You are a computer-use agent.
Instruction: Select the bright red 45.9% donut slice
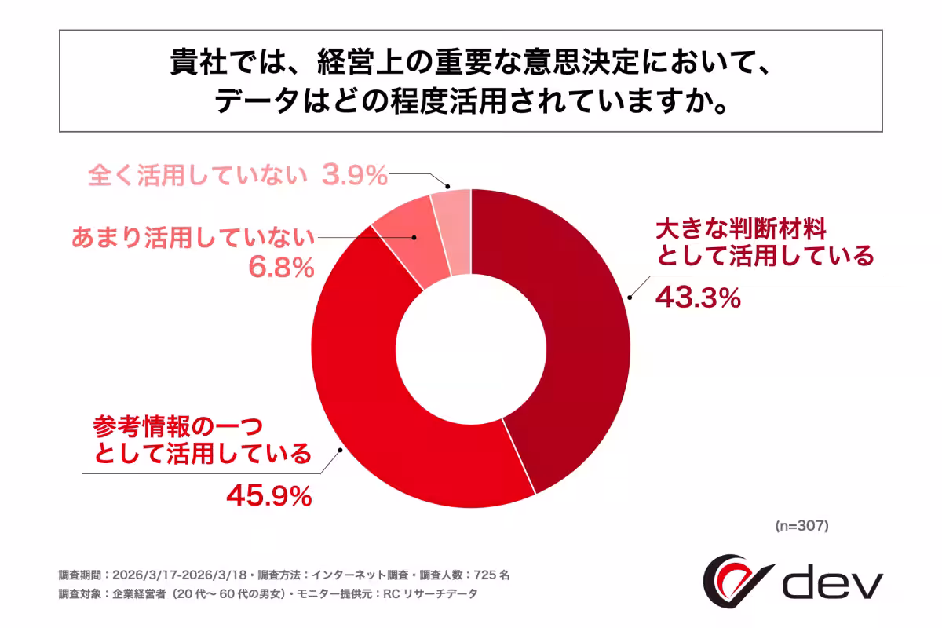(377, 408)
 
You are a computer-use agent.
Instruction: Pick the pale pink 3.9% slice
(453, 232)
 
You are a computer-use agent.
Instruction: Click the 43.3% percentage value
(698, 298)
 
